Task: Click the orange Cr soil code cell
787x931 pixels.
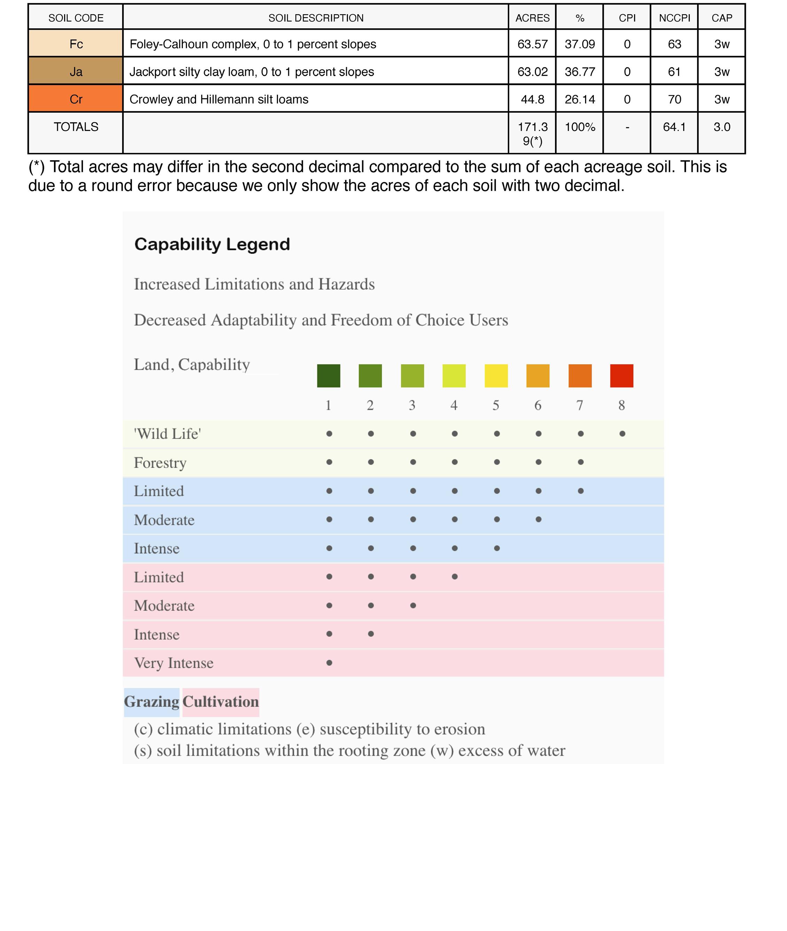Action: (x=76, y=99)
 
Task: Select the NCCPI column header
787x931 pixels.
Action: (x=674, y=18)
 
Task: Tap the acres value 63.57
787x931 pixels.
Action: (x=532, y=44)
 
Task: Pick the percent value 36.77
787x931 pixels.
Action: (x=579, y=71)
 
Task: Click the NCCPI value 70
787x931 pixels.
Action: (x=674, y=99)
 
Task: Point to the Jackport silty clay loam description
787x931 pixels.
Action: (x=252, y=71)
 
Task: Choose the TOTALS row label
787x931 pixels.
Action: (x=76, y=127)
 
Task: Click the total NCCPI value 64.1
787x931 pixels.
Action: (x=674, y=127)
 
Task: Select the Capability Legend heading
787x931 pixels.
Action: (x=212, y=244)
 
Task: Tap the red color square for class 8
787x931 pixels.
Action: (x=622, y=375)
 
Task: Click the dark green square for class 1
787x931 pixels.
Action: (x=328, y=375)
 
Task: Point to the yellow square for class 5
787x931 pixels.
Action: (x=496, y=375)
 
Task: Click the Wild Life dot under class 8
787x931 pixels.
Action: (x=622, y=434)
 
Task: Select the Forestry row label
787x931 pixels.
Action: (x=160, y=463)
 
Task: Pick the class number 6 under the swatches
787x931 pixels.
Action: (x=538, y=405)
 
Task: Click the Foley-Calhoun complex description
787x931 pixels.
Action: (x=252, y=44)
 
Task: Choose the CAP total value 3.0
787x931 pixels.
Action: (x=722, y=127)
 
